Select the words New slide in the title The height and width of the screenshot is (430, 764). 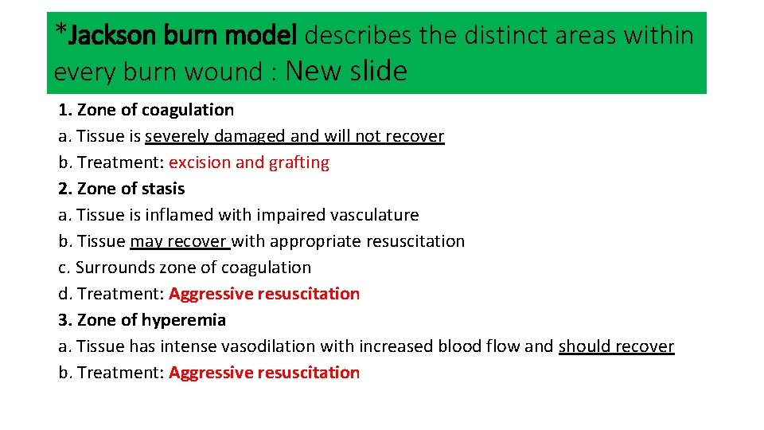pos(346,72)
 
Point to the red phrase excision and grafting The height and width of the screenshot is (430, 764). pos(249,162)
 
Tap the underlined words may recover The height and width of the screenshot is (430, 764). pos(180,241)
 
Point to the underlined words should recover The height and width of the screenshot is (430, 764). pos(616,346)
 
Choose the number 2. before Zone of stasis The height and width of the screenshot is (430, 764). pos(64,189)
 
